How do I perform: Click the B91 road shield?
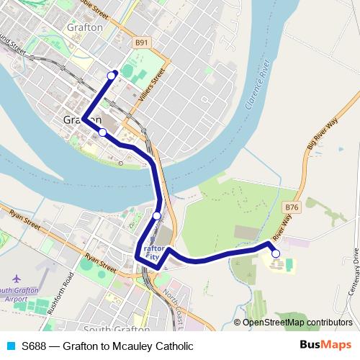pos(141,44)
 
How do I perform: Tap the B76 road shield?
pos(291,207)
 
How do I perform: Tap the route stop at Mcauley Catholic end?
pos(275,253)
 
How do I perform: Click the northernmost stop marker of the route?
pos(112,75)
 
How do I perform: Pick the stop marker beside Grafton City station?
pos(157,215)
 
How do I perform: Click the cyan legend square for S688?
pos(9,346)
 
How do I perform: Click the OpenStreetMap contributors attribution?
pos(297,323)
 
